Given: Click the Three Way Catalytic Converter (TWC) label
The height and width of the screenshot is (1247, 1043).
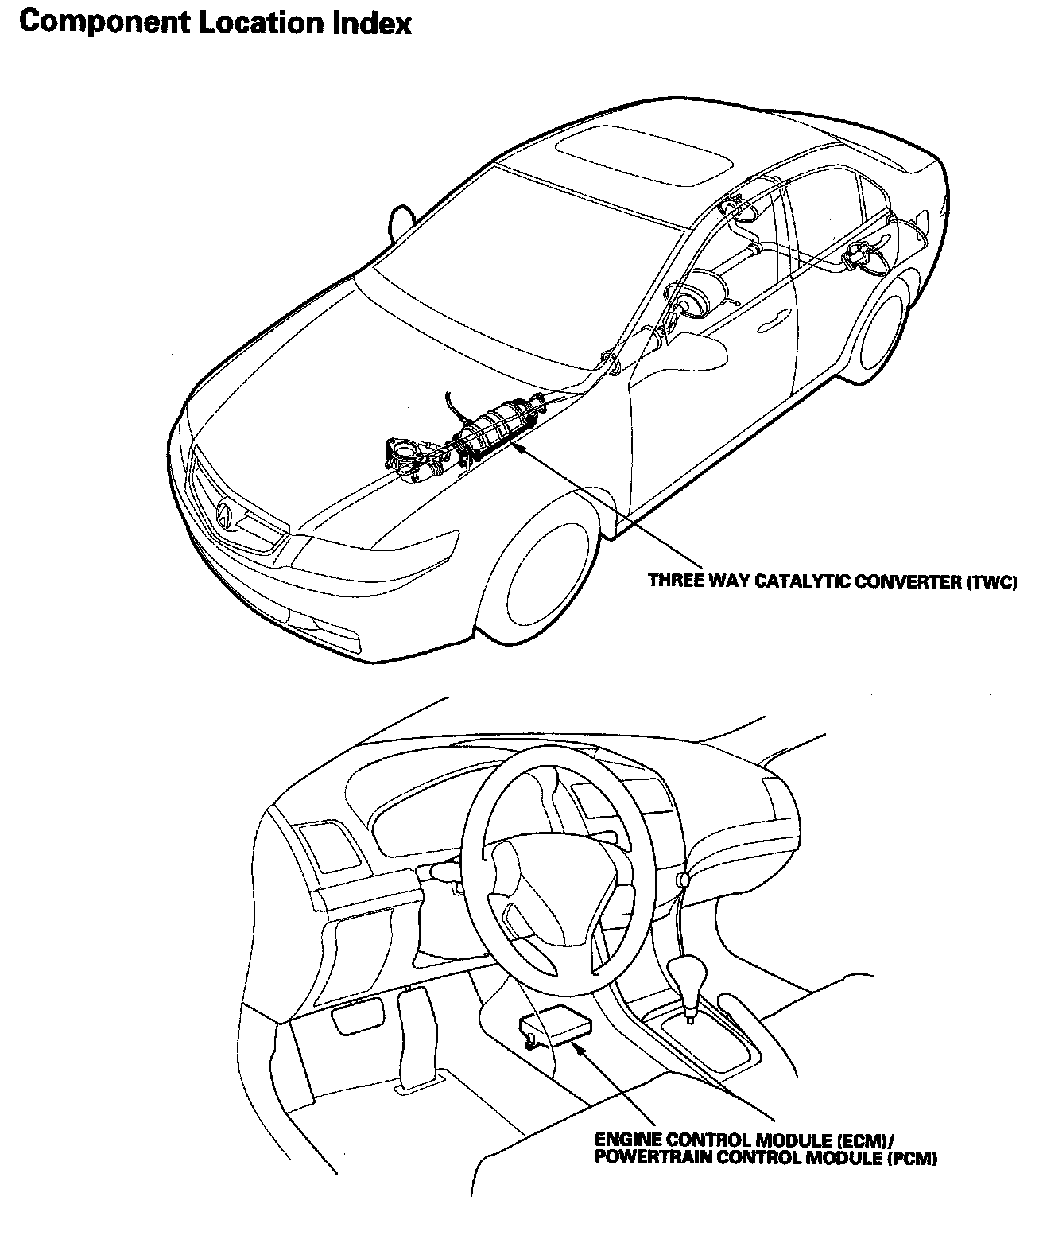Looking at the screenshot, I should pyautogui.click(x=832, y=581).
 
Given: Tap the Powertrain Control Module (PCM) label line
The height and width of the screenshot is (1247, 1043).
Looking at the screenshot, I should pyautogui.click(x=766, y=1158).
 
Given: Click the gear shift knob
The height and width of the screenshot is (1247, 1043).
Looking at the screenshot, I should pyautogui.click(x=687, y=974).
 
